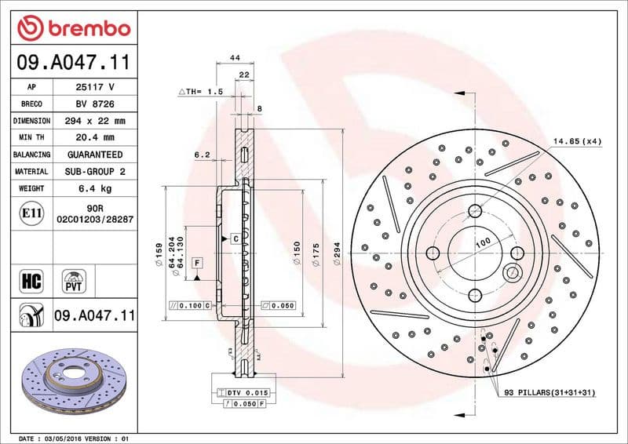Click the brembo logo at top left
tap(73, 29)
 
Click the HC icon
tap(31, 279)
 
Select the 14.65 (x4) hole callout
tap(576, 141)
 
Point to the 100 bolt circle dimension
tap(482, 242)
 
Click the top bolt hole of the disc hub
tap(475, 210)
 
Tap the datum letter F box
tap(197, 261)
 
